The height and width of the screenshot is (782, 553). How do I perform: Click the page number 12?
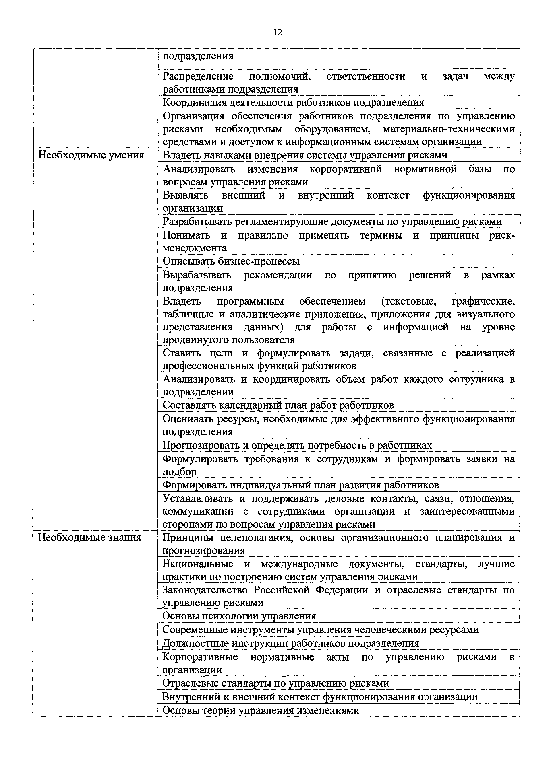point(277,33)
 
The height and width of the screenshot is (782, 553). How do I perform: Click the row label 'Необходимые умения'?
point(91,155)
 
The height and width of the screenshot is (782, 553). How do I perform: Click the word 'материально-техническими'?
point(449,129)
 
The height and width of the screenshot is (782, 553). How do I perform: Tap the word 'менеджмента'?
point(195,248)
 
